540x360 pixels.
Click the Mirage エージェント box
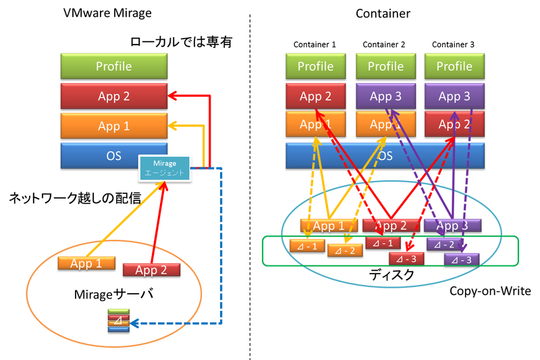(x=165, y=168)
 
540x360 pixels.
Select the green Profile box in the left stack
(x=113, y=66)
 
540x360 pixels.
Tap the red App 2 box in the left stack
(x=113, y=96)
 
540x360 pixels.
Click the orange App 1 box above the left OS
(x=113, y=126)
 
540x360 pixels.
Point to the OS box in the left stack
(x=101, y=155)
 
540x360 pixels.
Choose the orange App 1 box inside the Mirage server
(x=86, y=263)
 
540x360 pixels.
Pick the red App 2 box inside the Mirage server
(x=151, y=270)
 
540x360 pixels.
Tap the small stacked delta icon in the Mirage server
(x=117, y=322)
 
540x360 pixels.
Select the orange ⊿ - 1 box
(x=308, y=245)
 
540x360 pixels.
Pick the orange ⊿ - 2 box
(x=345, y=251)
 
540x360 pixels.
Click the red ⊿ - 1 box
(x=383, y=242)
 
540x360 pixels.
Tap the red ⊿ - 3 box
(x=406, y=258)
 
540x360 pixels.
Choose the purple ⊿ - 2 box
(x=445, y=244)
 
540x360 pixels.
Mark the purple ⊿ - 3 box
(x=462, y=259)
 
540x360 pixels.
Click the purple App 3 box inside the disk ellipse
(x=452, y=226)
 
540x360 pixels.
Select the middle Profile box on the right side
(x=385, y=66)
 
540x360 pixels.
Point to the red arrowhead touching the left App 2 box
(x=173, y=96)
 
